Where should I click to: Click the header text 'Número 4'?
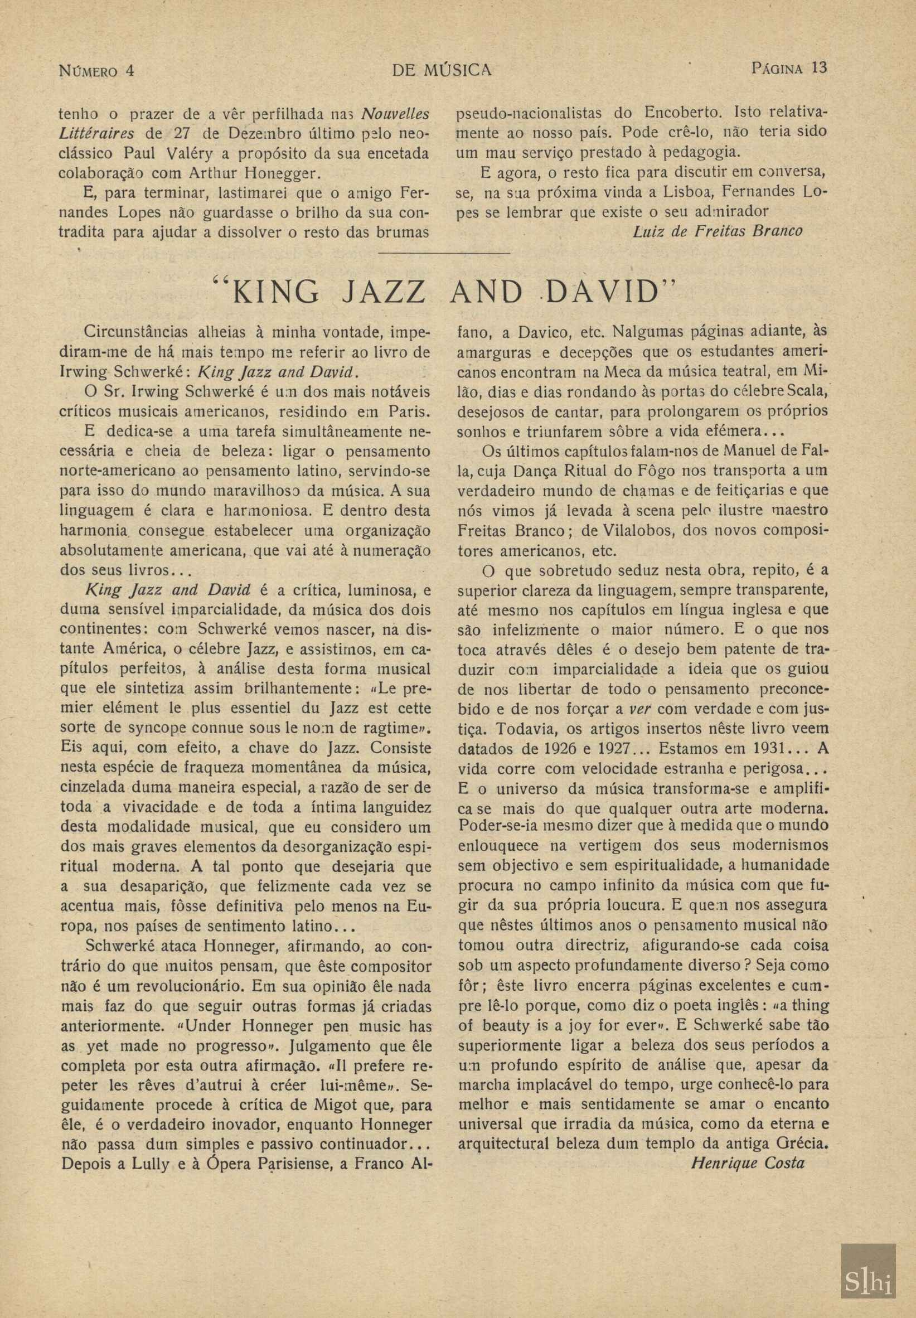point(96,71)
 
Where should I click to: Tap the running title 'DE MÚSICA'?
point(442,70)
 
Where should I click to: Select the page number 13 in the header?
point(820,67)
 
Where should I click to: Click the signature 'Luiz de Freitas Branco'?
point(717,231)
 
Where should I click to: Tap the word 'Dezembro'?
point(259,134)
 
